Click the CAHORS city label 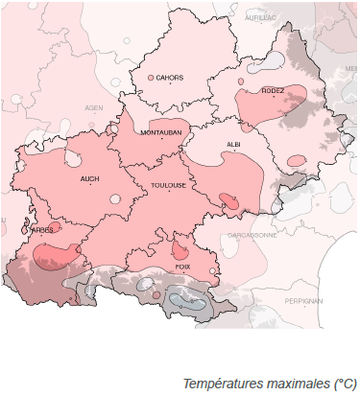pos(170,78)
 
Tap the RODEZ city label pos(273,91)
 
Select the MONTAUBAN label pos(160,132)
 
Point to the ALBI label pos(232,143)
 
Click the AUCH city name pos(89,177)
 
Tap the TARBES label pos(40,230)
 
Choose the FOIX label pos(182,266)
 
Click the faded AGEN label pos(93,107)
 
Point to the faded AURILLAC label pos(259,17)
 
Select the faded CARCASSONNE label pos(252,234)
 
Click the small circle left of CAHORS pos(151,78)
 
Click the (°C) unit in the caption pos(344,384)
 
